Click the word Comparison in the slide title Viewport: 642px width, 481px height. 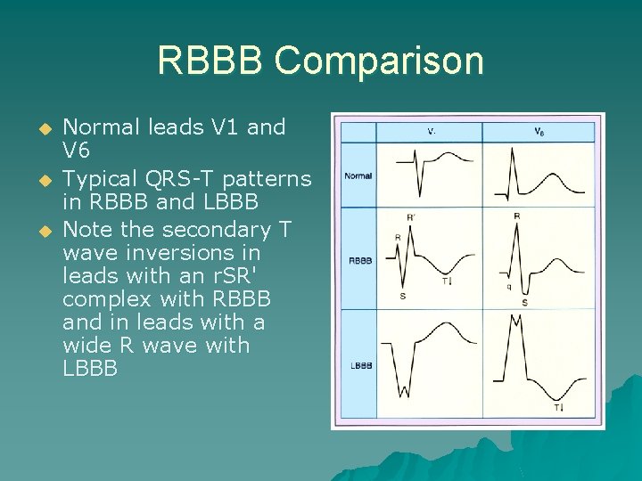(x=379, y=61)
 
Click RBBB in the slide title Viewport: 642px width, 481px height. (x=210, y=61)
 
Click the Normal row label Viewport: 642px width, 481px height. (x=358, y=175)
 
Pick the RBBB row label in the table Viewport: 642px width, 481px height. (x=359, y=261)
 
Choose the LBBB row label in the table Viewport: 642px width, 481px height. (x=359, y=366)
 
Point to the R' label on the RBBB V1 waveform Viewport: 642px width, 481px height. (x=411, y=216)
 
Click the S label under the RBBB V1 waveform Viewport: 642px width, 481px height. (x=403, y=295)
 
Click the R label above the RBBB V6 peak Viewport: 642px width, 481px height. (x=517, y=216)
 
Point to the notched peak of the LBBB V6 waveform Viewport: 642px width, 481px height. (x=515, y=319)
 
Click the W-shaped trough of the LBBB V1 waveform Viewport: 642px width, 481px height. (x=405, y=389)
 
